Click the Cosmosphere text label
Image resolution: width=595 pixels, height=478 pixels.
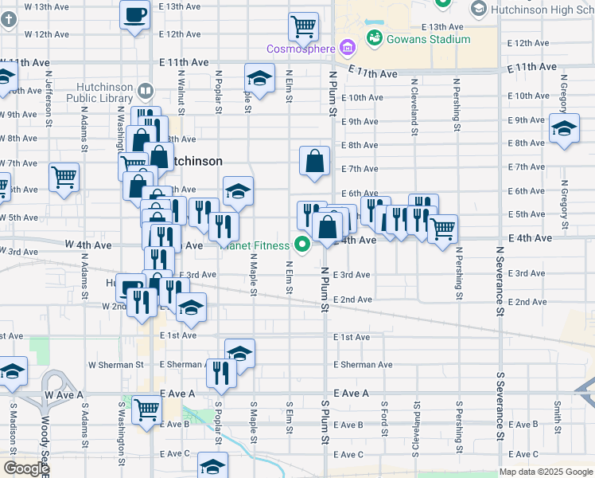pos(301,49)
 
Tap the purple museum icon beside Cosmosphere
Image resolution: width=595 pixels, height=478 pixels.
pos(346,48)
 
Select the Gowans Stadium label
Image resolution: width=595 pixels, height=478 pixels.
pos(428,39)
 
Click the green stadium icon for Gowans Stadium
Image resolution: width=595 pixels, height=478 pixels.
pos(374,37)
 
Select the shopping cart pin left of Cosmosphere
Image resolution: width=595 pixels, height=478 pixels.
pos(303,27)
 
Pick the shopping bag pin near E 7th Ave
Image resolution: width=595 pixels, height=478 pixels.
pos(315,160)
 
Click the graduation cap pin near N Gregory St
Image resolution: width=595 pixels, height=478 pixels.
pos(564,129)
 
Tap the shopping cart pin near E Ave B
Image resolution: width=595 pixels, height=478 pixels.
pos(147,410)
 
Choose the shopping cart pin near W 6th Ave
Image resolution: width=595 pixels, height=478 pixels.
pos(64,178)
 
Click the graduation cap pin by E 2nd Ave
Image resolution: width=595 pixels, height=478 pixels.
pos(191,308)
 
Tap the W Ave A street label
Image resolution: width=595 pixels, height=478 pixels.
pos(64,394)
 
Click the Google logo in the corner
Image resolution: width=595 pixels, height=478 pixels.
pos(26,468)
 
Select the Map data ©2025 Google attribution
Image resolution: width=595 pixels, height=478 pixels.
pos(546,472)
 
